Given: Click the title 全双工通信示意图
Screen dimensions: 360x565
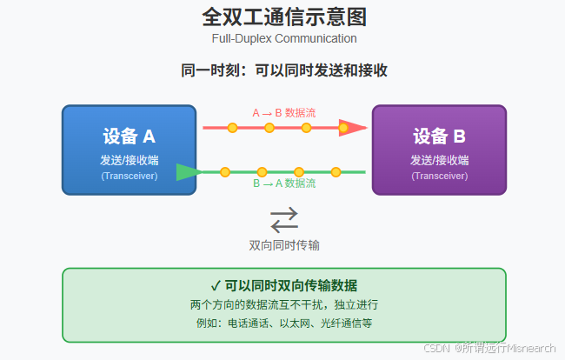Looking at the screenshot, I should (x=283, y=17).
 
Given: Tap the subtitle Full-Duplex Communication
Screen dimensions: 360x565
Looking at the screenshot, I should (x=283, y=38).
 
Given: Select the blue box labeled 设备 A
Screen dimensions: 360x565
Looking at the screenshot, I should (x=129, y=150).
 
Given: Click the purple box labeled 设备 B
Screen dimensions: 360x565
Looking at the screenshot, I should (x=439, y=150).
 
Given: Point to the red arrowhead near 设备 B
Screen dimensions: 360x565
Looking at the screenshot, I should (x=352, y=128).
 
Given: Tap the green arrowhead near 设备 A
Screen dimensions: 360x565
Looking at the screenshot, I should (x=187, y=171).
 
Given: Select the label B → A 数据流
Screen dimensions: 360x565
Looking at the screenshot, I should (x=284, y=183).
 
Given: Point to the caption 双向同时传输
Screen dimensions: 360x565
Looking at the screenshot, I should (x=283, y=245).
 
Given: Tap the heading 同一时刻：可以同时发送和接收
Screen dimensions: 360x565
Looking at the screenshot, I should (x=283, y=71).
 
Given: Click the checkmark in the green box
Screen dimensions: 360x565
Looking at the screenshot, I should (x=215, y=285).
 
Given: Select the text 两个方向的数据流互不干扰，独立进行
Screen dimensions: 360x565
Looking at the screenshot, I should (x=283, y=305).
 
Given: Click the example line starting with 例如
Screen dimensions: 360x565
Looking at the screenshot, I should (x=283, y=323).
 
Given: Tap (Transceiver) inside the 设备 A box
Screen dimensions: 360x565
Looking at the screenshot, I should (x=129, y=176).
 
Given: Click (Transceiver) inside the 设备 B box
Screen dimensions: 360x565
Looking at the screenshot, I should (x=439, y=176).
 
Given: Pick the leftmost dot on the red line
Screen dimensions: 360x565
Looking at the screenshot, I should (x=232, y=128).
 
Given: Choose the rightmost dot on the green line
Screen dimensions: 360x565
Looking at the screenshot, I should (x=336, y=172).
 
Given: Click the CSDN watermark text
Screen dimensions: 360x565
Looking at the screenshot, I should (x=489, y=348).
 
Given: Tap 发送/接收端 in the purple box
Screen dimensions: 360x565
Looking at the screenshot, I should (x=439, y=160).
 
